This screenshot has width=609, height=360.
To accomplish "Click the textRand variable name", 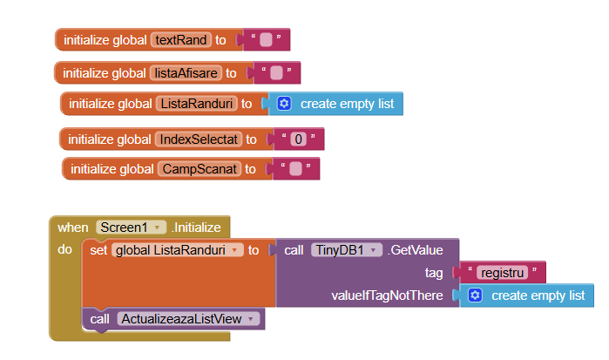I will pos(180,39).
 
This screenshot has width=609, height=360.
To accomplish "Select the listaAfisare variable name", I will pos(186,72).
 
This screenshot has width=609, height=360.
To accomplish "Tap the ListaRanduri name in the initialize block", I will pos(196,104).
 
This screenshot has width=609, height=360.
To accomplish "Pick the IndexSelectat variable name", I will pos(198,139).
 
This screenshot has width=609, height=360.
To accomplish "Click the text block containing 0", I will pos(299,139).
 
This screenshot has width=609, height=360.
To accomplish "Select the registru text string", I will pos(502,273).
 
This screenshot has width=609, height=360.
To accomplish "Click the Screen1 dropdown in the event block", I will pos(132,228).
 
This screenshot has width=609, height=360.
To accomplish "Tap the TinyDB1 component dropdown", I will pos(347,250).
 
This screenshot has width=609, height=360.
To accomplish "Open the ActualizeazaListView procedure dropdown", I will pos(189,319).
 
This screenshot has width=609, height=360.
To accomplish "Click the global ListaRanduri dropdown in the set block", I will pos(179,250).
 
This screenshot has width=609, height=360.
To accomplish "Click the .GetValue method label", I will pos(415,250).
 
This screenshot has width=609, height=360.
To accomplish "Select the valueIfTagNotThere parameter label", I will pos(388,295).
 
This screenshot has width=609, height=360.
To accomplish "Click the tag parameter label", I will pos(433,273).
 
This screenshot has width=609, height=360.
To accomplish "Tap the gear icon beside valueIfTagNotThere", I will pos(475,295).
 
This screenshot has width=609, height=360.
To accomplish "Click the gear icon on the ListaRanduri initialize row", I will pos(283,104).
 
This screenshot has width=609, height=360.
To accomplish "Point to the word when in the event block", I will pos(72,228).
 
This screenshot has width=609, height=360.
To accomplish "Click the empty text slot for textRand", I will pos(266,39).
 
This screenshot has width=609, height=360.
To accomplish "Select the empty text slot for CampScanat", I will pos(295,169).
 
